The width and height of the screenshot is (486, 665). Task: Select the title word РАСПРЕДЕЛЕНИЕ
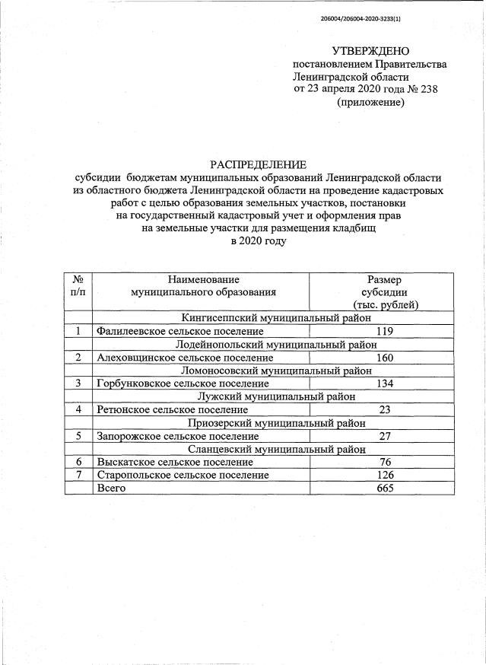coord(259,164)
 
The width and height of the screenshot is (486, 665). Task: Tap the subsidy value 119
coord(384,331)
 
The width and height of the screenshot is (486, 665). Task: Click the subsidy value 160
coord(384,357)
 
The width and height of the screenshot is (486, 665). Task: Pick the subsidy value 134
coord(384,383)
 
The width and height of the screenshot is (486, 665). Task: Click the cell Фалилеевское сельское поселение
coord(183,331)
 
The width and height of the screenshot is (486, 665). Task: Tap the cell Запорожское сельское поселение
coord(177,436)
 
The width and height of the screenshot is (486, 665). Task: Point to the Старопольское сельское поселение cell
coord(183,475)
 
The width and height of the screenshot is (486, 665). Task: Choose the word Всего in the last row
coord(111,488)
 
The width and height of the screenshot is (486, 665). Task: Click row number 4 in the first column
coord(78,409)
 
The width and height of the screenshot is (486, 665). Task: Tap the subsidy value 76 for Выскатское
coord(384,462)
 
